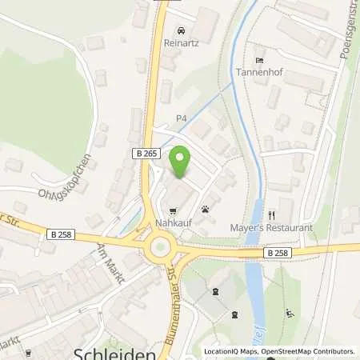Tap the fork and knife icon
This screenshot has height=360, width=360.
pyautogui.click(x=272, y=214)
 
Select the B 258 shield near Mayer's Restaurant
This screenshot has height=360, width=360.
pyautogui.click(x=276, y=251)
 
